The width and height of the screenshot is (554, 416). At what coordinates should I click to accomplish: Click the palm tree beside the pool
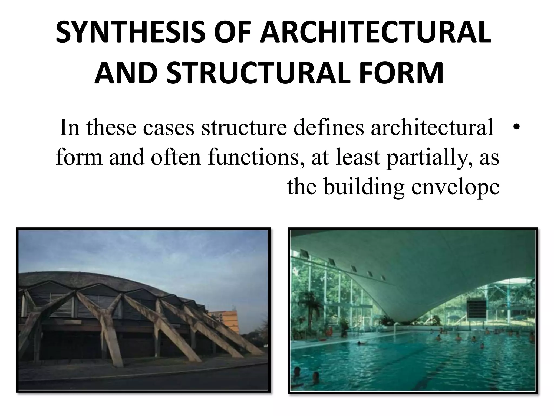[308, 303]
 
